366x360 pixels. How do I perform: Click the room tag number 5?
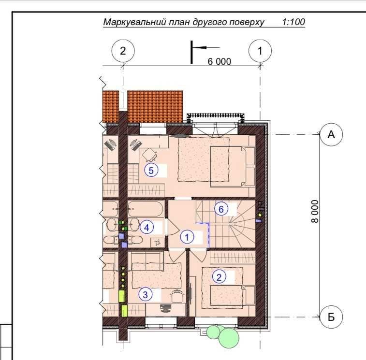(151, 170)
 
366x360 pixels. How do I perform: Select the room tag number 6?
(221, 209)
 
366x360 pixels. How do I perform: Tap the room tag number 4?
(146, 227)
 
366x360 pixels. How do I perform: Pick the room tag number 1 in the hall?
(187, 237)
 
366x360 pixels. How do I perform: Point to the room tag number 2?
(219, 277)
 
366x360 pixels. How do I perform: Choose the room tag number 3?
(146, 294)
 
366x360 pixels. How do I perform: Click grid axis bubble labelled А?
(331, 135)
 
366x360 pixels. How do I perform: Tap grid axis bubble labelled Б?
(331, 317)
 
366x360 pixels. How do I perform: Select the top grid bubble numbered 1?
(260, 51)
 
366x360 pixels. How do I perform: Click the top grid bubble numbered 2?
(123, 51)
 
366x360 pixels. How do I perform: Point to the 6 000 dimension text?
(220, 61)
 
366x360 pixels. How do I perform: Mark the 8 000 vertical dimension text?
(315, 211)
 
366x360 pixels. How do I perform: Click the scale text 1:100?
(293, 22)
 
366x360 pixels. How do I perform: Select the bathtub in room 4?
(145, 209)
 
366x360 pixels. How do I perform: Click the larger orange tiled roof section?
(155, 107)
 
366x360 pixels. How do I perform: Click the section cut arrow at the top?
(205, 47)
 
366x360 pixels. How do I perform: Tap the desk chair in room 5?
(149, 155)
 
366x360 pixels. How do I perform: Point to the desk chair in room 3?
(176, 296)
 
